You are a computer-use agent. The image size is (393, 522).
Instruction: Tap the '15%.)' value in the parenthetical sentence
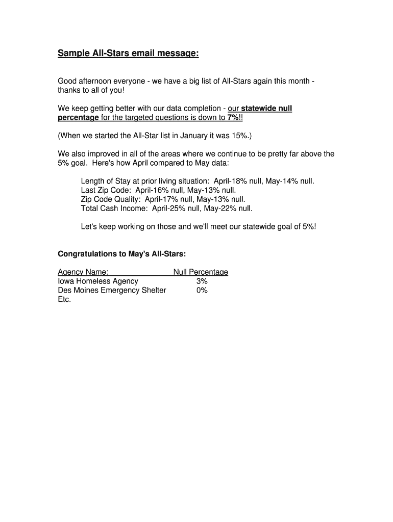tap(240, 136)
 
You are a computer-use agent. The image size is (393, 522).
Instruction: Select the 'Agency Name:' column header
tap(83, 272)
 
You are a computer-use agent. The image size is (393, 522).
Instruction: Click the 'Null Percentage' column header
tap(201, 272)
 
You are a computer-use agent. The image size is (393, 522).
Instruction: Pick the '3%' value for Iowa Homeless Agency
tap(202, 281)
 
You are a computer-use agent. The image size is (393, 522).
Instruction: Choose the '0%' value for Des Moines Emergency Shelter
tap(202, 291)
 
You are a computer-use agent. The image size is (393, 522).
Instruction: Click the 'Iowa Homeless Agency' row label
tap(98, 281)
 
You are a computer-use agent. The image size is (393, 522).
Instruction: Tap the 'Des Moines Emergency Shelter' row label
tap(112, 291)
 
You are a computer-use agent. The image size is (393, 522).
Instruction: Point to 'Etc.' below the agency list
tap(64, 300)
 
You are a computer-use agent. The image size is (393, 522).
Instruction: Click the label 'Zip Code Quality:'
tap(111, 199)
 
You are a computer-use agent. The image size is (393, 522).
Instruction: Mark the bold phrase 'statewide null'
tap(266, 109)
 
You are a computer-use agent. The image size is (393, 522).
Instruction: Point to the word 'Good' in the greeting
tap(67, 81)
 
